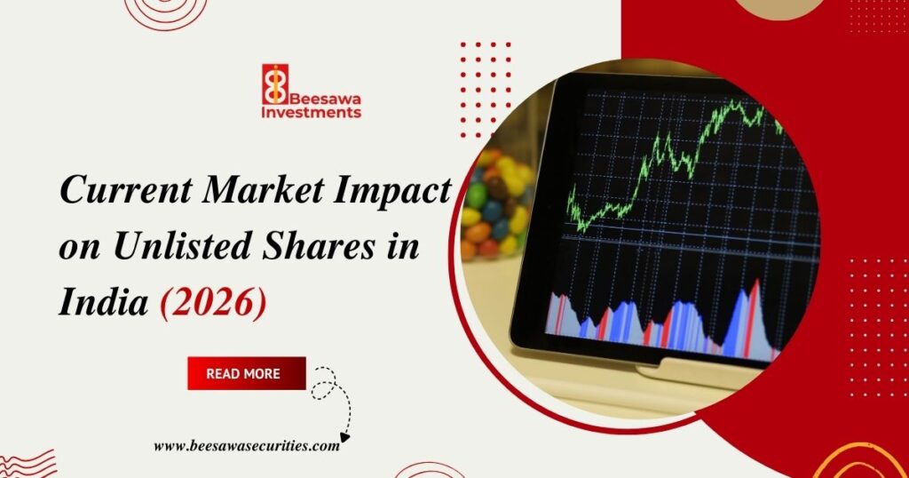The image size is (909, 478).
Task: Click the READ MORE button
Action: tap(246, 373)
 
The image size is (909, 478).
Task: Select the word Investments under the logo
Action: tap(312, 113)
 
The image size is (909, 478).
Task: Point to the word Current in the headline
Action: tap(117, 191)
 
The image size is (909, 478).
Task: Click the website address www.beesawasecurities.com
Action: tap(246, 446)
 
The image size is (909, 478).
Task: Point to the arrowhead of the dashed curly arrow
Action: tap(344, 436)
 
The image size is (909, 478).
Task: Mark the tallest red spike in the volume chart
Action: tap(755, 307)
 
